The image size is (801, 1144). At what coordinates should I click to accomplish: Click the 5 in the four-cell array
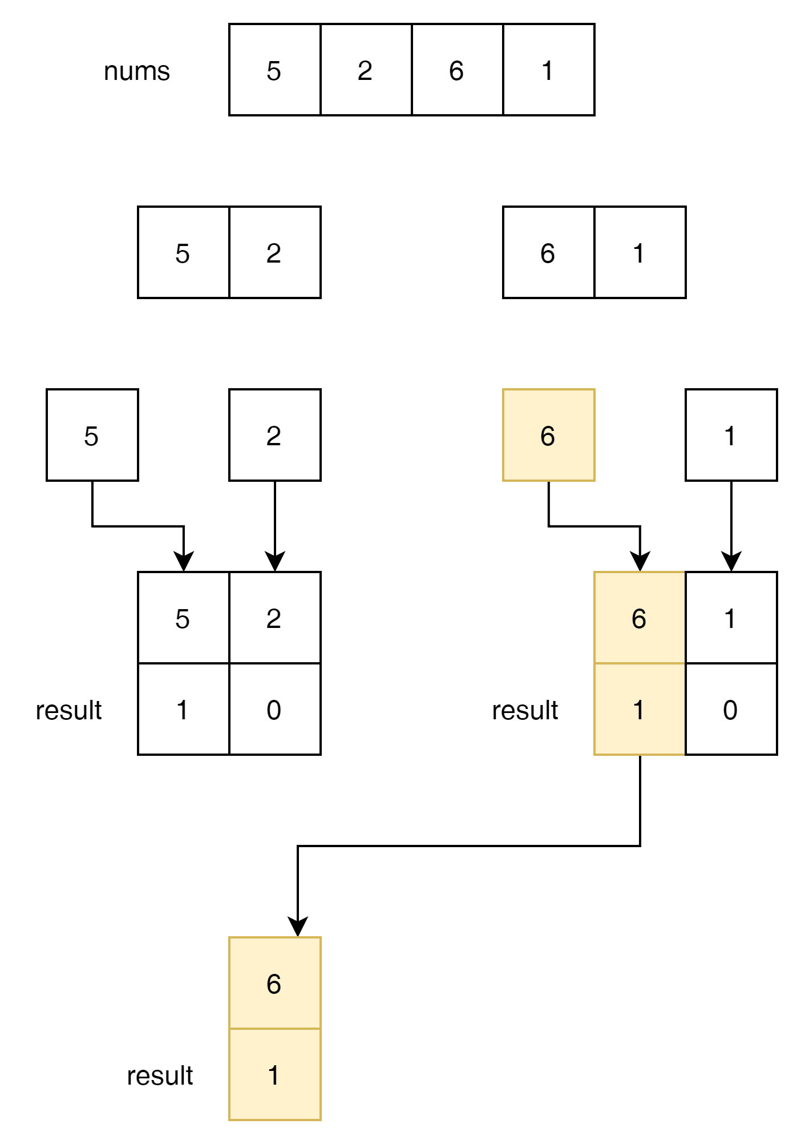[x=274, y=70]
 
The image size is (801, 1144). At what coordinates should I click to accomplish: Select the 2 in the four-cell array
[x=366, y=70]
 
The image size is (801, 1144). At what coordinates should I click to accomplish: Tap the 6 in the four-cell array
[x=457, y=70]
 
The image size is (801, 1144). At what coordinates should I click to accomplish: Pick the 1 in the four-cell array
[x=548, y=70]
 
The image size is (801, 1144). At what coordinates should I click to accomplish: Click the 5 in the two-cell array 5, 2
[x=183, y=253]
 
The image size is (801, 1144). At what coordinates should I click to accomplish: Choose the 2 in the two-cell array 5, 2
[x=274, y=253]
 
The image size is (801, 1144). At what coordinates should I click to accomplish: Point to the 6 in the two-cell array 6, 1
[x=548, y=253]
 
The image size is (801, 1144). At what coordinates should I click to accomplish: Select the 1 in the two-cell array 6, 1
[x=640, y=253]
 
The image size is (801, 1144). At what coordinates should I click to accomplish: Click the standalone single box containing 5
[x=92, y=436]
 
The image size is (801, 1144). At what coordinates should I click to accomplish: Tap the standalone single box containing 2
[x=274, y=436]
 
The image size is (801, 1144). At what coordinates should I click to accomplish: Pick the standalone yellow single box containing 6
[x=548, y=436]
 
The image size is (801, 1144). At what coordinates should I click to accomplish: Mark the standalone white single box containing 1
[x=731, y=436]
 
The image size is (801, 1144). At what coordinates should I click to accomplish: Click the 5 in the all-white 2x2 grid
[x=183, y=618]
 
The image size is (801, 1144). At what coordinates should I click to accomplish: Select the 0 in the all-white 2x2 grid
[x=274, y=710]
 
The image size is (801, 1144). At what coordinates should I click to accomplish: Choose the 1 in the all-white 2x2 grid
[x=183, y=710]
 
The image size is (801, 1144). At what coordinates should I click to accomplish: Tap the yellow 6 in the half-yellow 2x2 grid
[x=640, y=618]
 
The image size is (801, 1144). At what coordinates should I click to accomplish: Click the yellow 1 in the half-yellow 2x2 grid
[x=640, y=710]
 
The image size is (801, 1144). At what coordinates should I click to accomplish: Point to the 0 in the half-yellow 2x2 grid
[x=731, y=710]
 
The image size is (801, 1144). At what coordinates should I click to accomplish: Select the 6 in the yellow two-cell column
[x=274, y=984]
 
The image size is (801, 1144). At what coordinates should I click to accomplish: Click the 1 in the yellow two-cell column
[x=274, y=1075]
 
